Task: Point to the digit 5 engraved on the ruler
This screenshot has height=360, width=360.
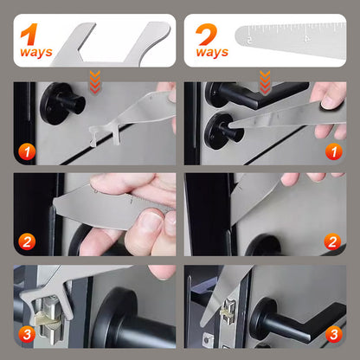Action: click(x=250, y=40)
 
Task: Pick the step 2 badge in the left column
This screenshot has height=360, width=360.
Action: click(x=29, y=241)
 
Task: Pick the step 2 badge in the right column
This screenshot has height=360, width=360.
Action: click(x=331, y=241)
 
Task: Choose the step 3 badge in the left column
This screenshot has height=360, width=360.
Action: click(x=29, y=333)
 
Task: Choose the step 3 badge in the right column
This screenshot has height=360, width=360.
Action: click(x=331, y=333)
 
